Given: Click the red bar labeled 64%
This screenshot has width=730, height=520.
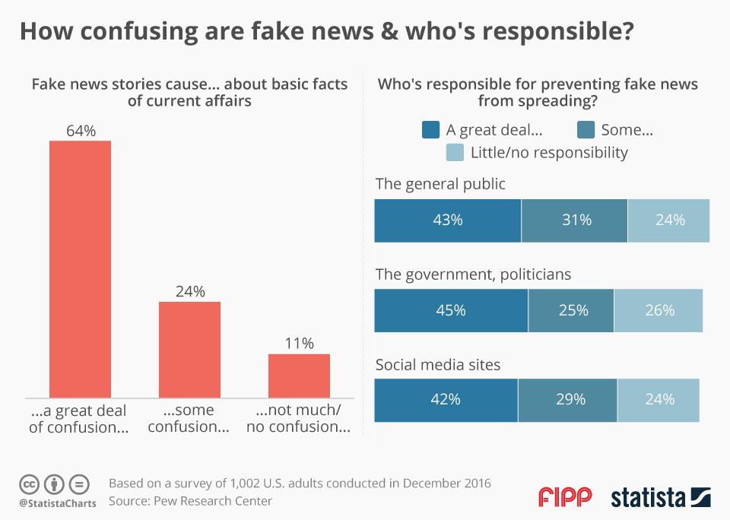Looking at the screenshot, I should pyautogui.click(x=80, y=269).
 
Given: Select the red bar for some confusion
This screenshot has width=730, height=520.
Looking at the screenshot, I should pyautogui.click(x=189, y=349).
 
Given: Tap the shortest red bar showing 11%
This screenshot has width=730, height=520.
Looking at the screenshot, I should pyautogui.click(x=299, y=376).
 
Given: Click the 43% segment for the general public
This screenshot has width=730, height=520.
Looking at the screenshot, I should pyautogui.click(x=447, y=220).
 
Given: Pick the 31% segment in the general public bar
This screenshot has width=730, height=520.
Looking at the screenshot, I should pyautogui.click(x=574, y=220).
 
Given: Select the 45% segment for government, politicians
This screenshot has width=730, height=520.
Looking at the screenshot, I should pyautogui.click(x=451, y=310).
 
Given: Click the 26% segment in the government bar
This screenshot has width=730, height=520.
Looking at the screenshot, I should pyautogui.click(x=659, y=310).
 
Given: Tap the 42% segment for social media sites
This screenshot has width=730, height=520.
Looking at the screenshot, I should pyautogui.click(x=446, y=399).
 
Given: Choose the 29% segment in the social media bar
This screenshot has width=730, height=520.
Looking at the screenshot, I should pyautogui.click(x=568, y=399).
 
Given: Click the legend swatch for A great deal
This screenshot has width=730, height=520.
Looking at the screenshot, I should pyautogui.click(x=430, y=130).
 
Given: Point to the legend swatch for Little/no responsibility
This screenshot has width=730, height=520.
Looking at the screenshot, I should pyautogui.click(x=455, y=153).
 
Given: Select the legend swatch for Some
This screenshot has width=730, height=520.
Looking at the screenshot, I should pyautogui.click(x=586, y=130).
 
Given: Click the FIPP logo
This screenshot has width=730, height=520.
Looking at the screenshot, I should pyautogui.click(x=564, y=498).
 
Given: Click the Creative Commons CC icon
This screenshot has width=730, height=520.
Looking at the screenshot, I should pyautogui.click(x=30, y=484).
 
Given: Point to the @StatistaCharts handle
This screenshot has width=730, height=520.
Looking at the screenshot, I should pyautogui.click(x=58, y=503).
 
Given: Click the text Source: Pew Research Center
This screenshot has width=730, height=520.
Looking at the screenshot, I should pyautogui.click(x=190, y=501).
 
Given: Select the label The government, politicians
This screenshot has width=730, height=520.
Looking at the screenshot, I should pyautogui.click(x=473, y=274).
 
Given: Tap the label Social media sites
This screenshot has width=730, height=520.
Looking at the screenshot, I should pyautogui.click(x=438, y=365).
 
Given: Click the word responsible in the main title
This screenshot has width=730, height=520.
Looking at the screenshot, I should pyautogui.click(x=547, y=33).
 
